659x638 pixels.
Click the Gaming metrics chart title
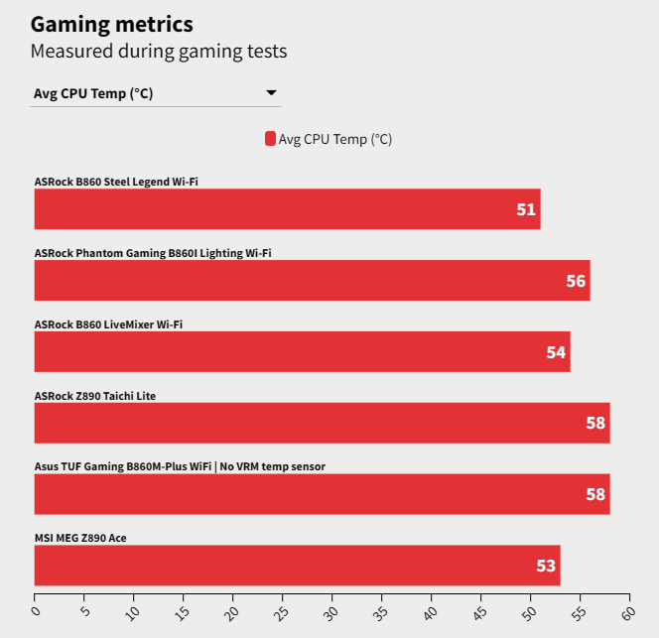pyautogui.click(x=112, y=23)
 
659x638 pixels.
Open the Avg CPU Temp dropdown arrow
pyautogui.click(x=271, y=93)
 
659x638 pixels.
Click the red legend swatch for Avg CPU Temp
pyautogui.click(x=270, y=139)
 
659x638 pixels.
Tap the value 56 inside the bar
pyautogui.click(x=576, y=281)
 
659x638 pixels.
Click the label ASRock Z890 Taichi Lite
pyautogui.click(x=95, y=396)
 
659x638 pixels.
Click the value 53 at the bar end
pyautogui.click(x=546, y=566)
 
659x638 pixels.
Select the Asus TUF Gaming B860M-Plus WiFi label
pyautogui.click(x=180, y=466)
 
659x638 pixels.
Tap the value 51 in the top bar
pyautogui.click(x=526, y=209)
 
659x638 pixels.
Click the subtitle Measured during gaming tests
pyautogui.click(x=159, y=50)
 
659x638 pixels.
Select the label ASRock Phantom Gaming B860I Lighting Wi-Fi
pyautogui.click(x=153, y=253)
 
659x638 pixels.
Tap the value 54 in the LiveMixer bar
pyautogui.click(x=556, y=352)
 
